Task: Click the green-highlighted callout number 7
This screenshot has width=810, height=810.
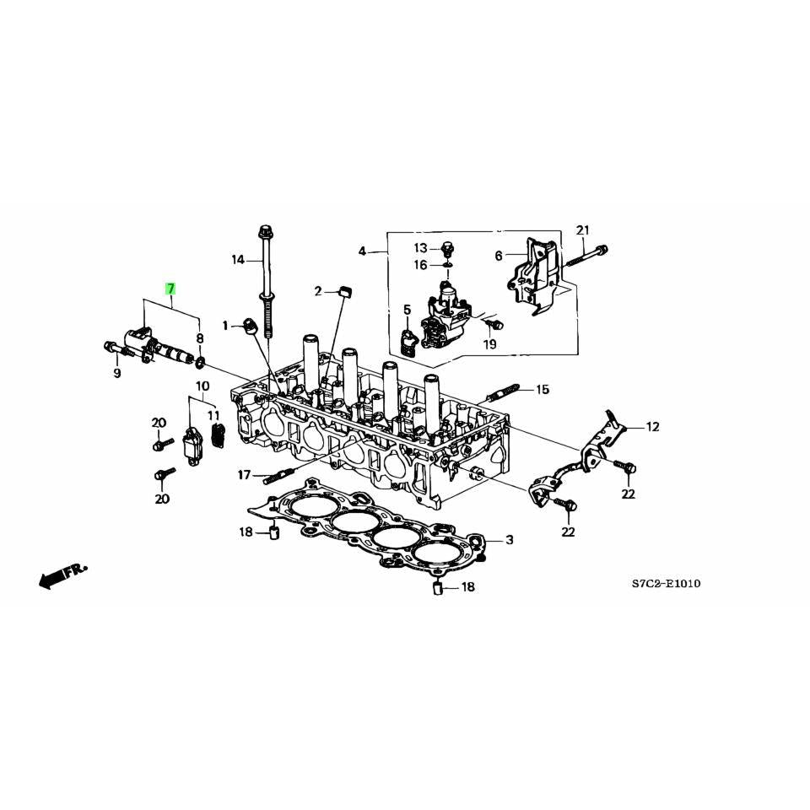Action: tap(170, 289)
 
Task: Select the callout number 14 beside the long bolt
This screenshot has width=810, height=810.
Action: tap(238, 260)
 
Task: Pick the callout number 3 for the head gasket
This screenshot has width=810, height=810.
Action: tap(510, 539)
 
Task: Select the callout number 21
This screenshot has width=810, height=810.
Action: tap(583, 230)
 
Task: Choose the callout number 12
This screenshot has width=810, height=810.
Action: tap(652, 427)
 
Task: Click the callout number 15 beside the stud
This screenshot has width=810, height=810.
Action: tap(542, 389)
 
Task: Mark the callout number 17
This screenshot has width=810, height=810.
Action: tap(244, 476)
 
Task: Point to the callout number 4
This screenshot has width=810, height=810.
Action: tap(363, 251)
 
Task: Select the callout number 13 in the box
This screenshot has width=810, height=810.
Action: tap(421, 247)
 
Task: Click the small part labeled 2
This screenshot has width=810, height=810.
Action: tap(343, 291)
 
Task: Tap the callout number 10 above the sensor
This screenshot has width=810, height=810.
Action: tap(202, 386)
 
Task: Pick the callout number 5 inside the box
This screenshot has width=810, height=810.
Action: tap(408, 310)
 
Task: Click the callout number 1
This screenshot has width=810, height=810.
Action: tap(226, 326)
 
